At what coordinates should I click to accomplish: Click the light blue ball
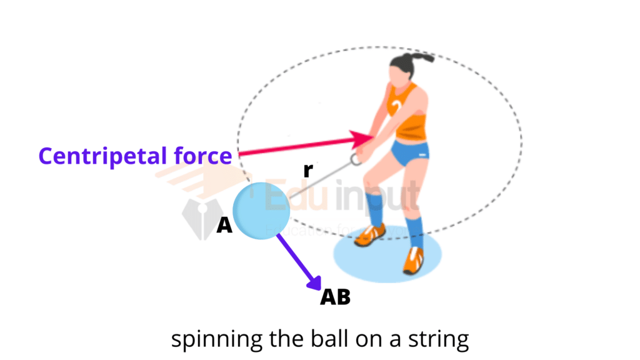pyautogui.click(x=261, y=210)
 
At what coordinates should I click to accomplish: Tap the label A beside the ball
pyautogui.click(x=224, y=226)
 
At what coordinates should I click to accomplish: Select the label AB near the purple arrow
pyautogui.click(x=335, y=297)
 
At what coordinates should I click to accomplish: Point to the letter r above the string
pyautogui.click(x=307, y=169)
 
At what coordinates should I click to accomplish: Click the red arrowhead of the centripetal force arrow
pyautogui.click(x=362, y=138)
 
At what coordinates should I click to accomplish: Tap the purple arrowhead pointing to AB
pyautogui.click(x=313, y=282)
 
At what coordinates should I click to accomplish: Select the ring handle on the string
pyautogui.click(x=356, y=159)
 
